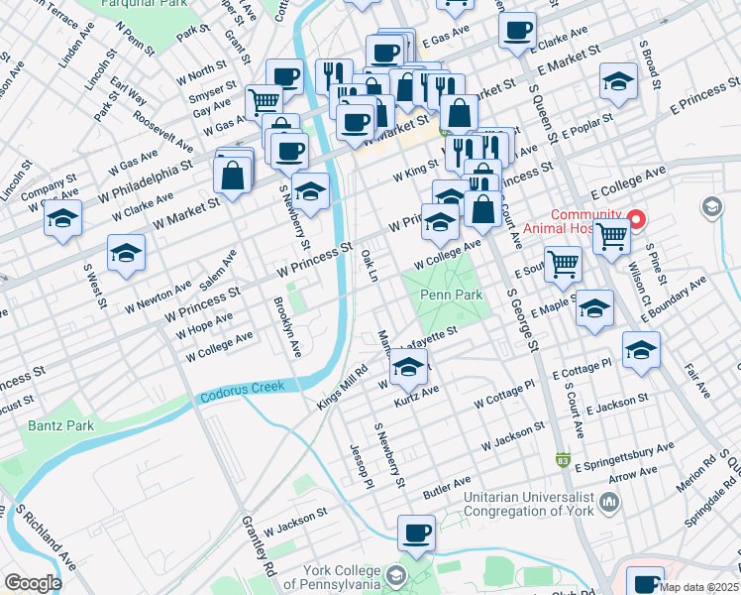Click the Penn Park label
pyautogui.click(x=451, y=295)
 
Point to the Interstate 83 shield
pyautogui.click(x=563, y=459)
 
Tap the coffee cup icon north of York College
pyautogui.click(x=416, y=533)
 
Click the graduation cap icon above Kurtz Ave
pyautogui.click(x=407, y=369)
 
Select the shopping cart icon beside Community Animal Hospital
pyautogui.click(x=611, y=236)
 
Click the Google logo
pyautogui.click(x=32, y=582)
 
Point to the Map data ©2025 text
pyautogui.click(x=698, y=587)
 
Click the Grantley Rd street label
pyautogui.click(x=259, y=545)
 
